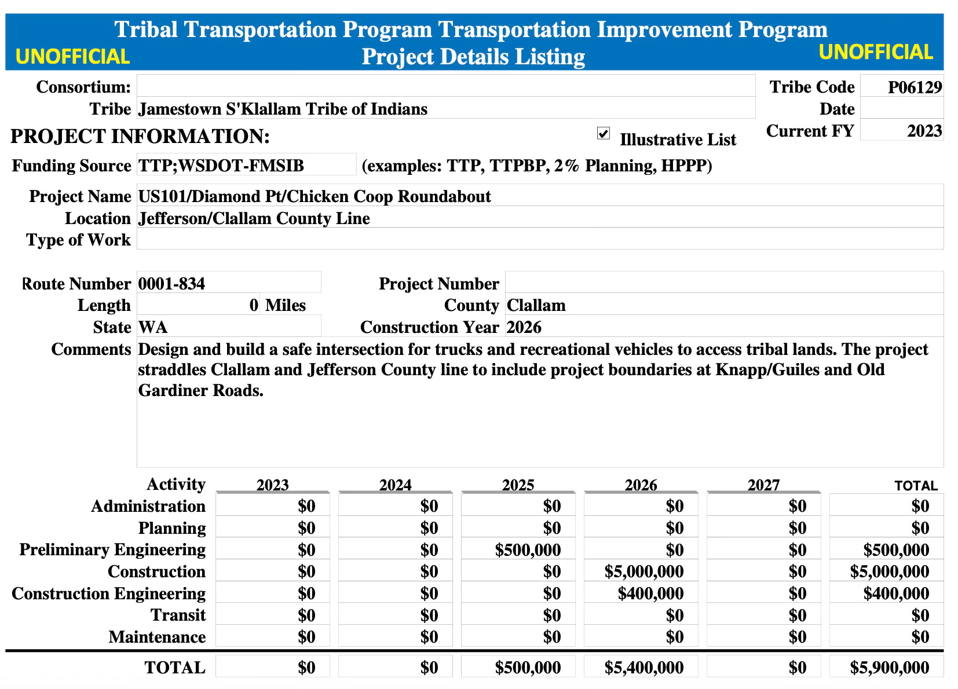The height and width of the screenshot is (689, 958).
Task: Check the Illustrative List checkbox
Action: pos(603,134)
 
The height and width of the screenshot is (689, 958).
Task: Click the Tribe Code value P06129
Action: pos(915,87)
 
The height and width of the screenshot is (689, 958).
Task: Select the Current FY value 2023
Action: pos(924,131)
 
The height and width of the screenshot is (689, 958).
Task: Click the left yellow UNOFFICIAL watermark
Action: pos(72,57)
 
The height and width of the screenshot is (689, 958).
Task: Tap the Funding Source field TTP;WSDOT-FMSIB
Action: pos(221,166)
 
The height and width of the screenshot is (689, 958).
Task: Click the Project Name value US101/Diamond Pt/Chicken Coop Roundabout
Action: pos(315,197)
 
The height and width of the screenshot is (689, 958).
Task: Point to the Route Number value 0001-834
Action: pos(171,284)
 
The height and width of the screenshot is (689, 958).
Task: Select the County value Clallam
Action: pos(536,305)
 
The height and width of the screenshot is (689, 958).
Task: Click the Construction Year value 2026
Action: pos(524,327)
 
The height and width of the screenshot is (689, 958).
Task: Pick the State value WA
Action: pos(153,327)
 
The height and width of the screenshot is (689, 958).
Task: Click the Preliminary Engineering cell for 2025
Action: pos(528,550)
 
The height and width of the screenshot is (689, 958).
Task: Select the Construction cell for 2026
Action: pos(644,572)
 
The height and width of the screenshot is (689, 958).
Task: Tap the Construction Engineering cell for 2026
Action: pos(650,593)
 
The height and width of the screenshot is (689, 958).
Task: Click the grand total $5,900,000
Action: pos(889,668)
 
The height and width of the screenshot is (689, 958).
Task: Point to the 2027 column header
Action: pos(763,485)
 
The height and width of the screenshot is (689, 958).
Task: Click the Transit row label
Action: pos(178,615)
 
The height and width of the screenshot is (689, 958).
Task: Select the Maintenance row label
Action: pos(157,637)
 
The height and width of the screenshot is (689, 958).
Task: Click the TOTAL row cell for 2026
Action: pos(644,668)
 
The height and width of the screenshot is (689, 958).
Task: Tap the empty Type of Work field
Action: pos(539,239)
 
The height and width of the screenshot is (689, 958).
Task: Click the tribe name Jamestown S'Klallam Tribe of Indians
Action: pos(283,109)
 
